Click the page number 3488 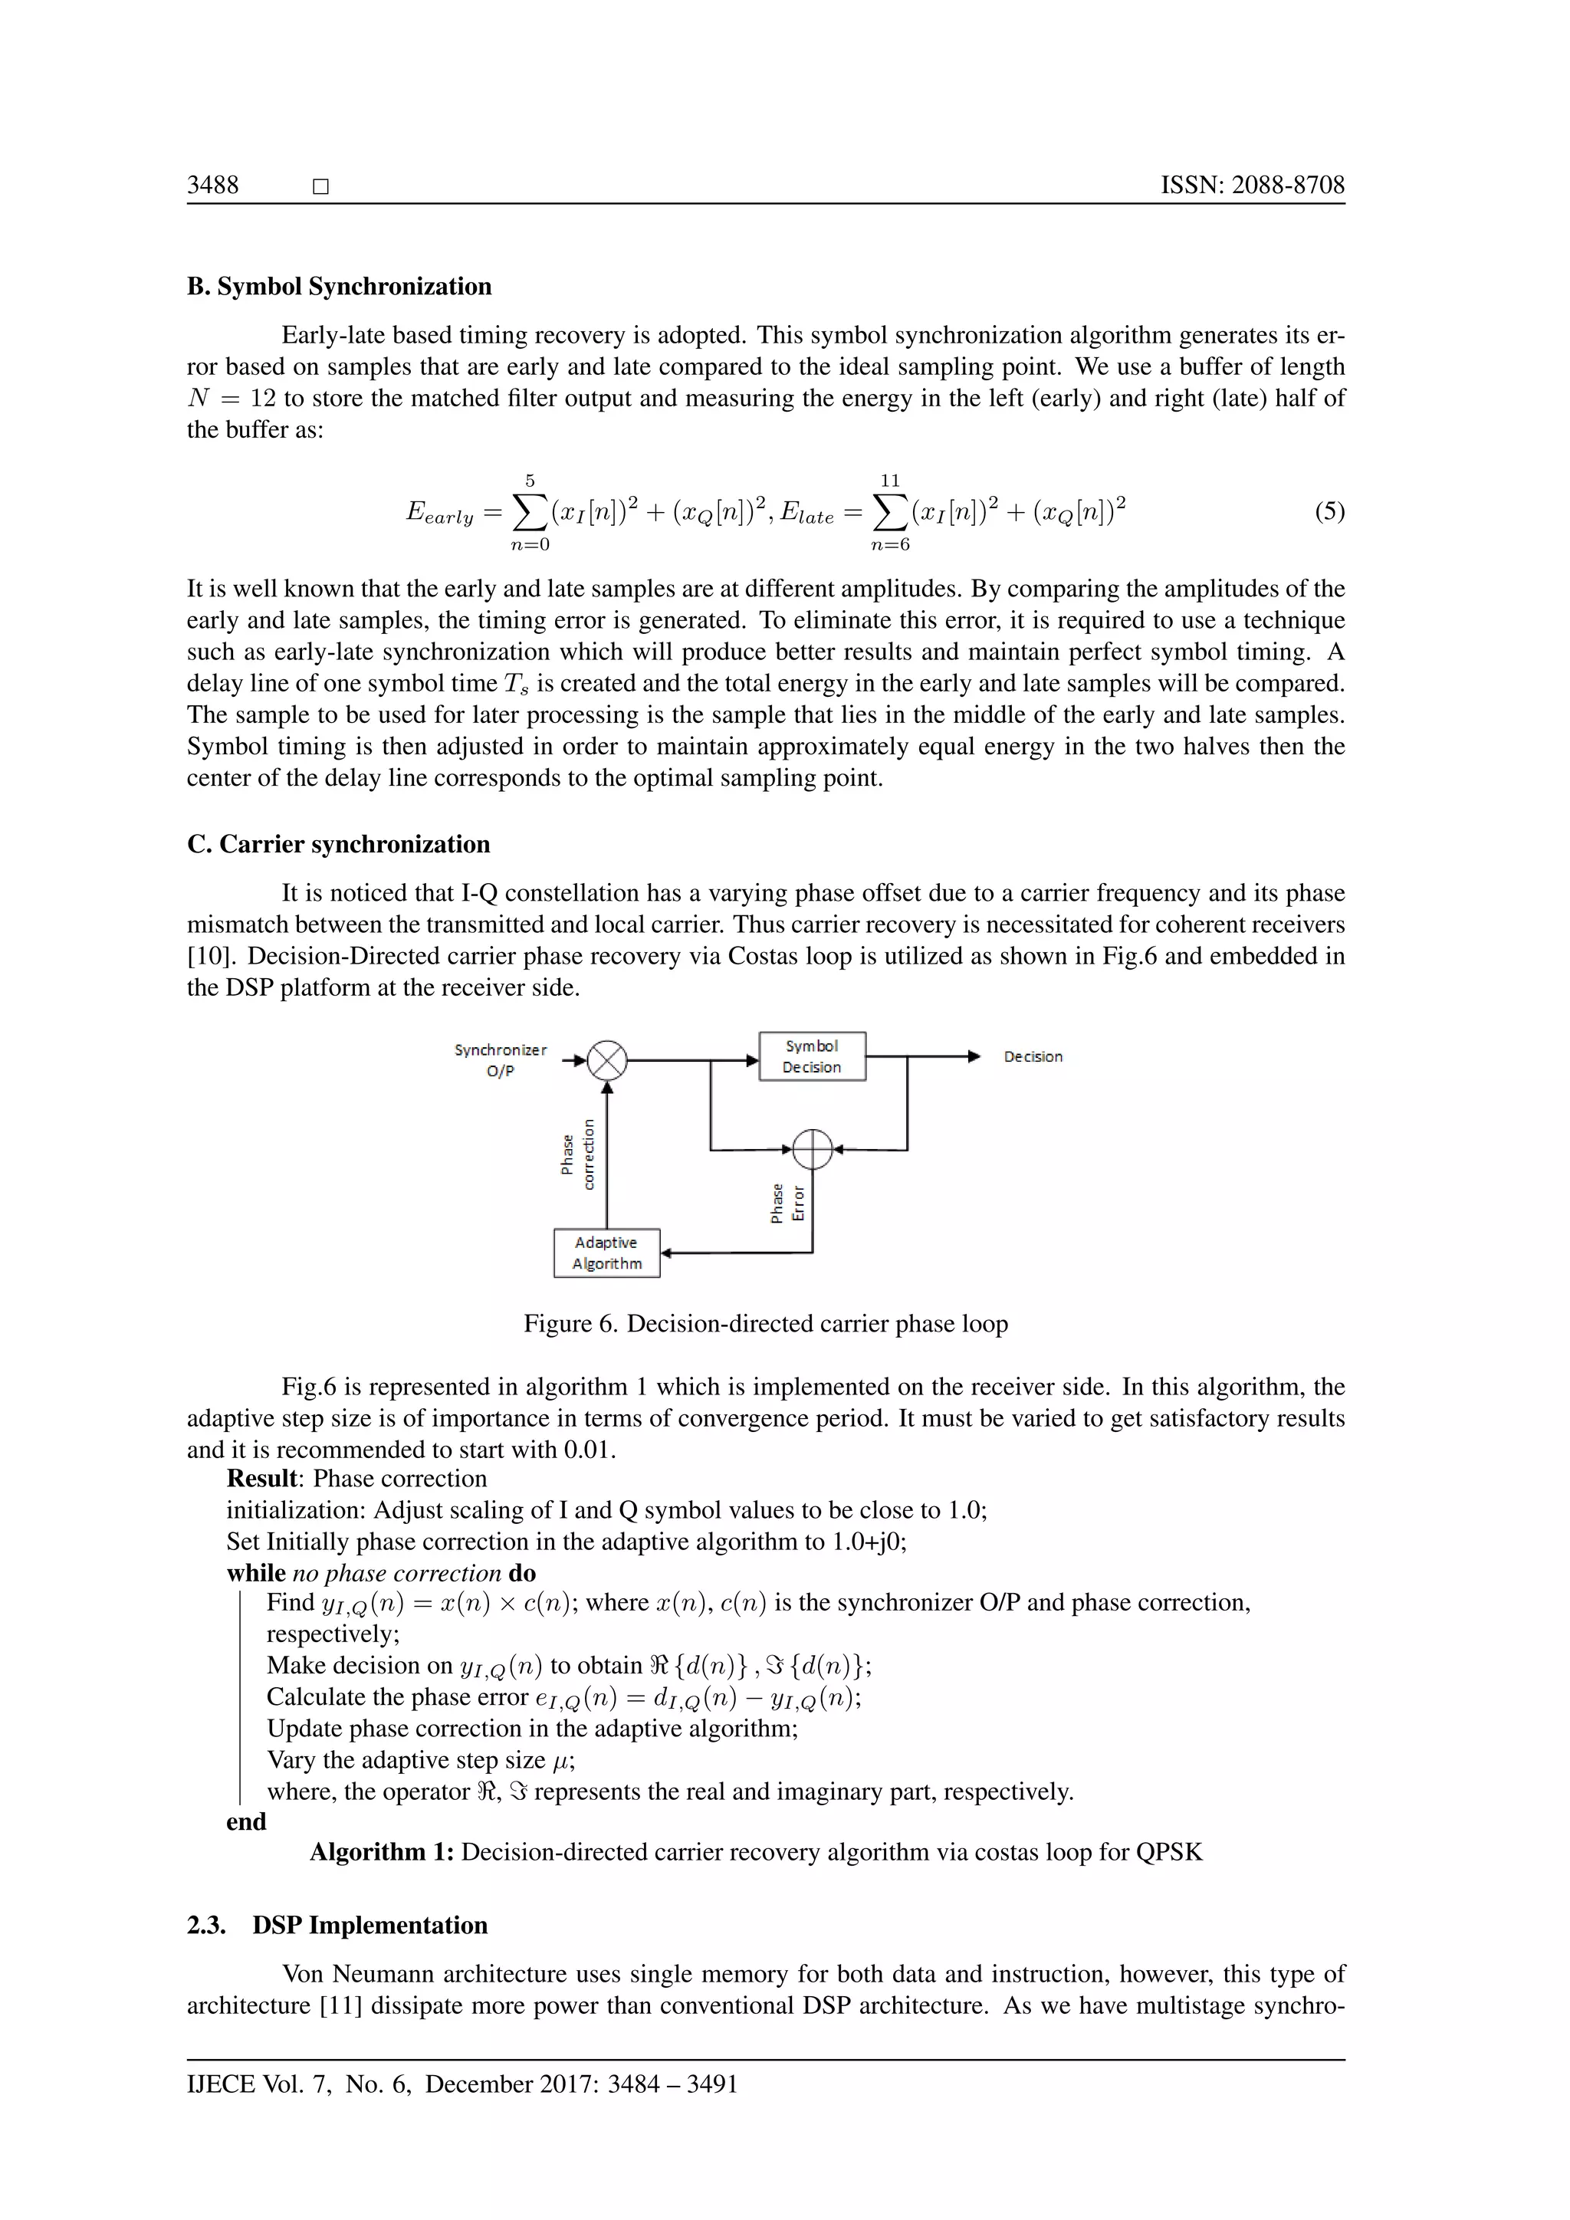click(x=212, y=185)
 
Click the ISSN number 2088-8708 click(x=1252, y=185)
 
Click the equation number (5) click(x=1329, y=511)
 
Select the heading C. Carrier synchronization click(x=338, y=844)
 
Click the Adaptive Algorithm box click(x=606, y=1253)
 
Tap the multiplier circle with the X click(x=607, y=1061)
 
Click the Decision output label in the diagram click(x=1033, y=1057)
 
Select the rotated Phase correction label click(x=578, y=1154)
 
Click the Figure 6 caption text click(x=765, y=1324)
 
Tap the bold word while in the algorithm click(x=255, y=1573)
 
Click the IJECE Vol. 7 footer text click(x=461, y=2084)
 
